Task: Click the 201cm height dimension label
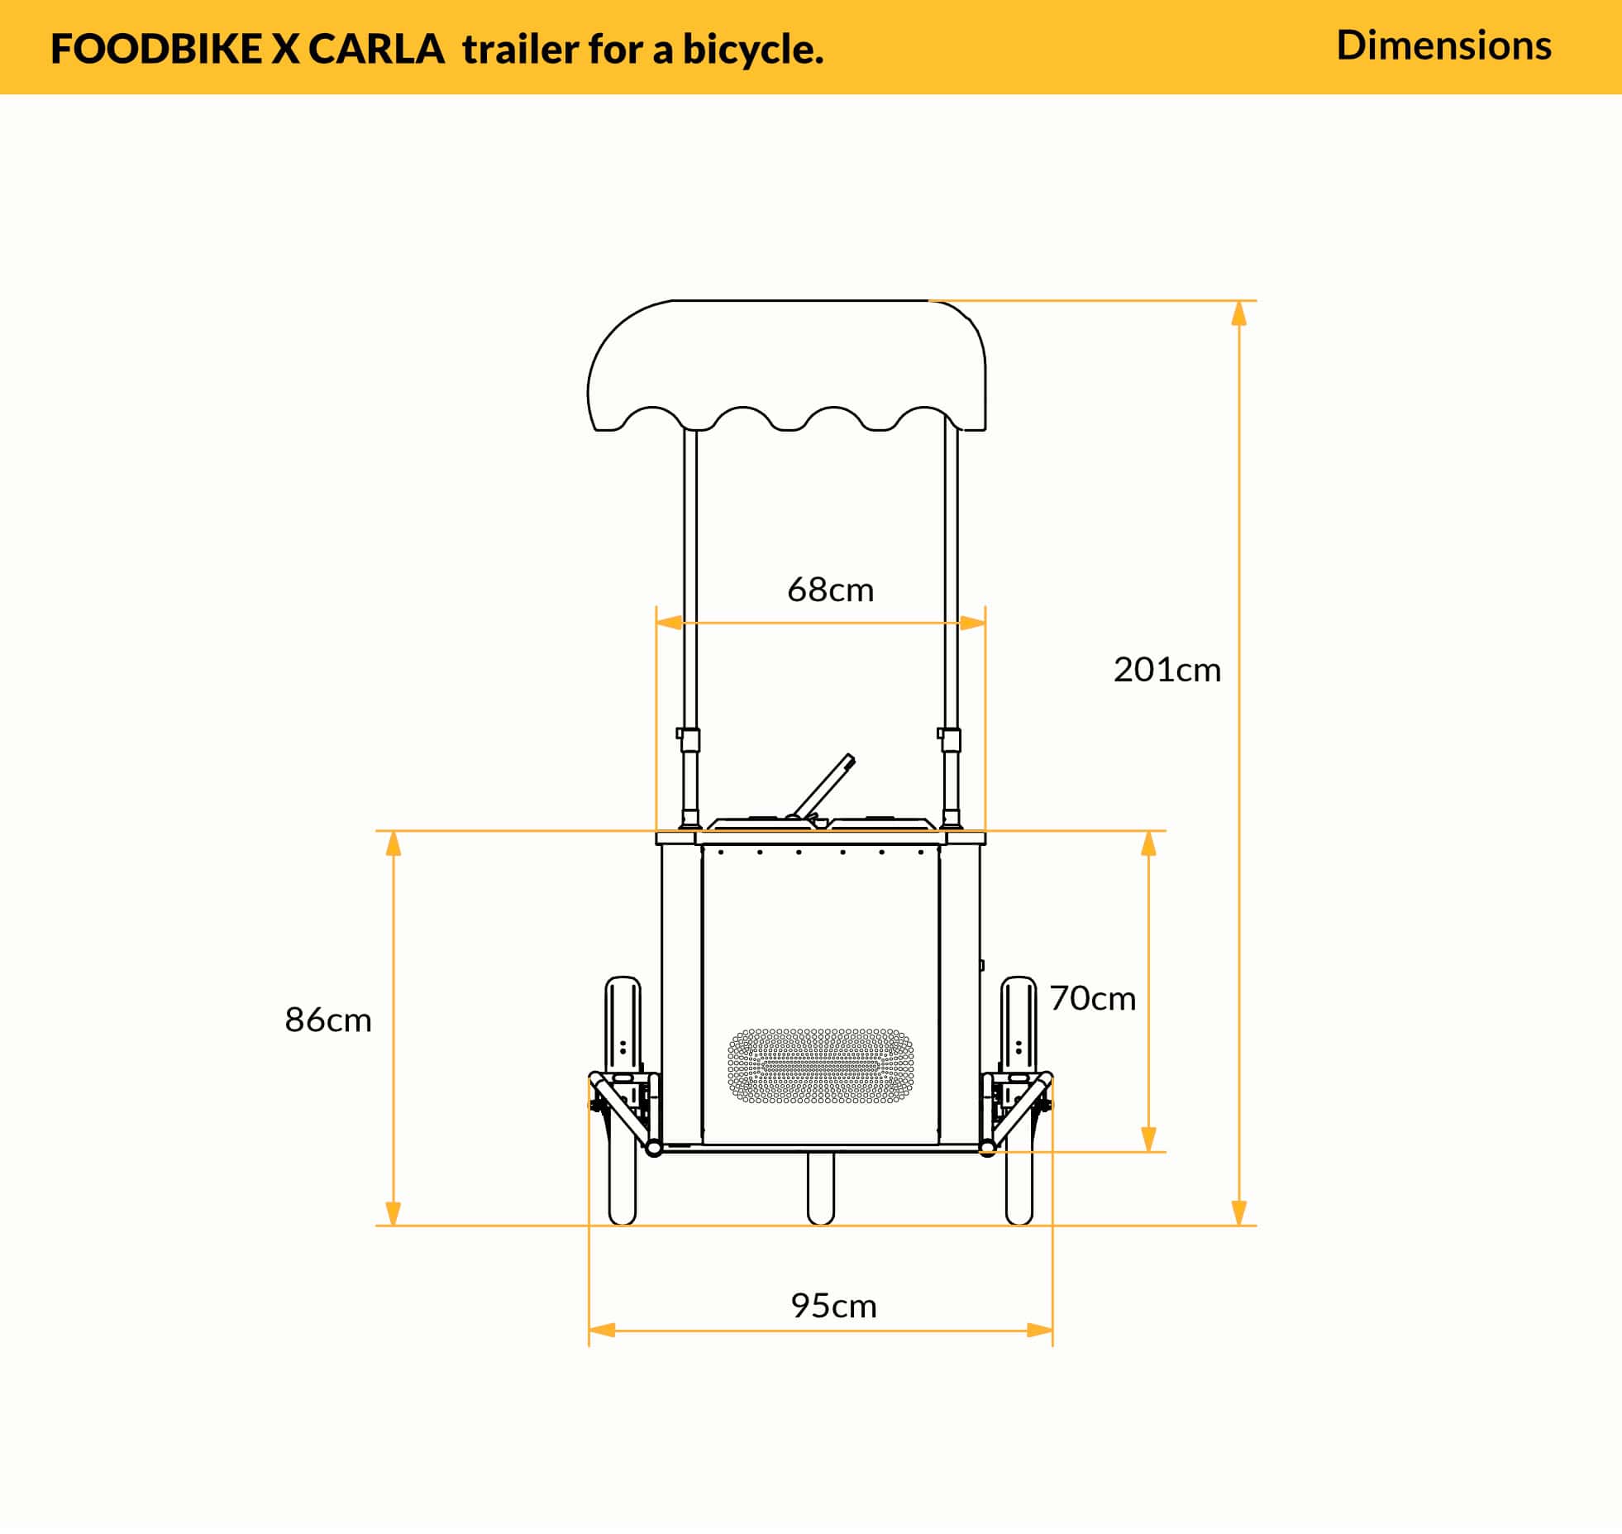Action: (1166, 670)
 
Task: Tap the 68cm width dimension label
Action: (830, 590)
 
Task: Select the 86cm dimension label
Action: (328, 1020)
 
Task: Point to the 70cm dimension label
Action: (1092, 999)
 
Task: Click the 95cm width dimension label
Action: (833, 1305)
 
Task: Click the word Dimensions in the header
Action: (1443, 45)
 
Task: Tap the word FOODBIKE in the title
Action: (155, 50)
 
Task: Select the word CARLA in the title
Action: (376, 50)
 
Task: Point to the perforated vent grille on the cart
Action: (820, 1066)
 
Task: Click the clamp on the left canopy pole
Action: (688, 738)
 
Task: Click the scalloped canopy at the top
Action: (785, 364)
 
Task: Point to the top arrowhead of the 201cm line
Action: (1238, 314)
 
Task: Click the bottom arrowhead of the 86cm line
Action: (394, 1212)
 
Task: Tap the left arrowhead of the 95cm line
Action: (602, 1331)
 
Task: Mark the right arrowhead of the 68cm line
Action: (972, 623)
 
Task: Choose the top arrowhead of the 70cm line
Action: (1148, 843)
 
